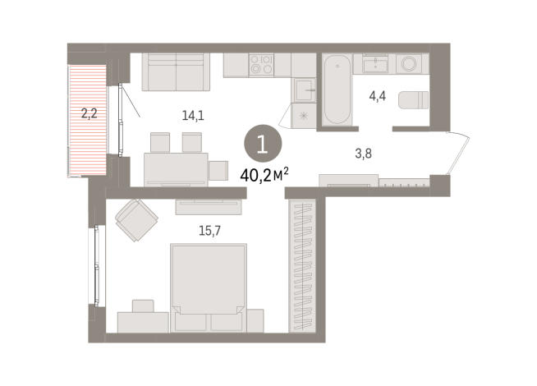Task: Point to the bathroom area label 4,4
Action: pos(378,96)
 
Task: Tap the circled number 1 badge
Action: pos(262,145)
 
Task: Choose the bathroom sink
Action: pos(377,63)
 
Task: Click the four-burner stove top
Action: pos(261,64)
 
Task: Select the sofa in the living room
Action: pos(176,71)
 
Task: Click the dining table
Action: pos(174,168)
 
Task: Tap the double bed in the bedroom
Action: pos(208,287)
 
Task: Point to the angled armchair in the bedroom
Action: pos(137,219)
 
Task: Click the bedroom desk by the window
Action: pos(144,321)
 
